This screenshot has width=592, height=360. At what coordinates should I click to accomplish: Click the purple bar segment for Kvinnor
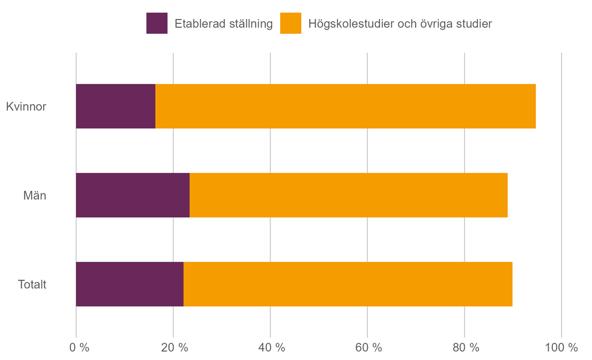pyautogui.click(x=116, y=106)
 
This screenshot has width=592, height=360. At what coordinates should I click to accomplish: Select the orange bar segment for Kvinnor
pyautogui.click(x=346, y=106)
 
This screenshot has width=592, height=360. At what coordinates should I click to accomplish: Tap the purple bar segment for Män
pyautogui.click(x=133, y=195)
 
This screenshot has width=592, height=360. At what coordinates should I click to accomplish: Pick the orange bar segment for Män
pyautogui.click(x=348, y=195)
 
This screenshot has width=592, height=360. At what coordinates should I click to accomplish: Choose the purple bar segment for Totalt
pyautogui.click(x=129, y=284)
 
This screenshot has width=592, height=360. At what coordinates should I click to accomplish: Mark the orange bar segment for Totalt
pyautogui.click(x=348, y=284)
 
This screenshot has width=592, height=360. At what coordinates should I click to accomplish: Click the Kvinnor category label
pyautogui.click(x=26, y=107)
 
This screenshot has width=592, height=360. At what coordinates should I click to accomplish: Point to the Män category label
pyautogui.click(x=35, y=196)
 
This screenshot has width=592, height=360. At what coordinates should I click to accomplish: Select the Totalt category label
pyautogui.click(x=32, y=284)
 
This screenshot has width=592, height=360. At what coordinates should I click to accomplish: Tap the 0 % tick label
pyautogui.click(x=80, y=348)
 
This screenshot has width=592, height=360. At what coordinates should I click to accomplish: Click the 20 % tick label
pyautogui.click(x=175, y=348)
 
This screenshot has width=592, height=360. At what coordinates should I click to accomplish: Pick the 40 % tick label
pyautogui.click(x=272, y=348)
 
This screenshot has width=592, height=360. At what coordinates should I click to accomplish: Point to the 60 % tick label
pyautogui.click(x=369, y=348)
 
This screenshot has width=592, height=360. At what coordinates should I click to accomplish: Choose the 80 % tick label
pyautogui.click(x=466, y=348)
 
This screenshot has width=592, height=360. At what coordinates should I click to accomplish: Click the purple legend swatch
pyautogui.click(x=156, y=23)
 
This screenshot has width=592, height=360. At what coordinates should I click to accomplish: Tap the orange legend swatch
pyautogui.click(x=290, y=23)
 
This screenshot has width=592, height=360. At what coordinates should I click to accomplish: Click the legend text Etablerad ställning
pyautogui.click(x=223, y=24)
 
